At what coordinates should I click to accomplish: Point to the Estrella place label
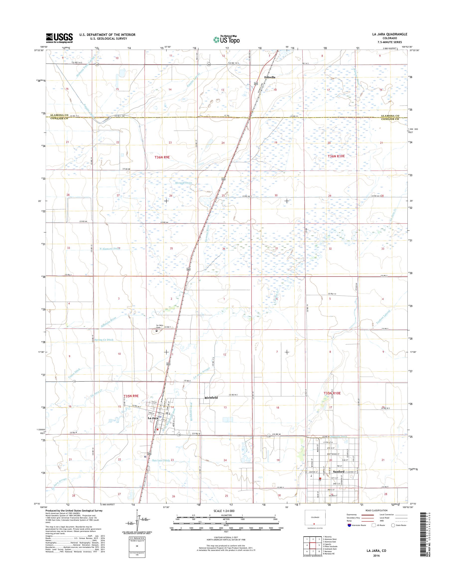pyautogui.click(x=270, y=77)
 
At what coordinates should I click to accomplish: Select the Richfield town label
pyautogui.click(x=211, y=398)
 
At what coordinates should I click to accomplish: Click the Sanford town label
pyautogui.click(x=338, y=472)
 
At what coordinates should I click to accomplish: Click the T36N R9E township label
pyautogui.click(x=162, y=157)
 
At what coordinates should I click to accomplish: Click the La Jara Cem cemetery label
pyautogui.click(x=159, y=326)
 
